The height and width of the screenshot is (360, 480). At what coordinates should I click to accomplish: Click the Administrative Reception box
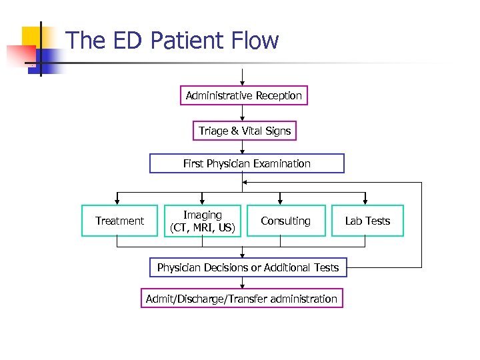pyautogui.click(x=243, y=95)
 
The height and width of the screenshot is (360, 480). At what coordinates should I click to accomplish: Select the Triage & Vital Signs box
pyautogui.click(x=245, y=131)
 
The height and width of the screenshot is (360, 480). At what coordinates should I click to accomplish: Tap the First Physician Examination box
pyautogui.click(x=247, y=163)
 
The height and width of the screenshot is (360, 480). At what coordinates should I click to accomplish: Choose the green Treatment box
pyautogui.click(x=119, y=221)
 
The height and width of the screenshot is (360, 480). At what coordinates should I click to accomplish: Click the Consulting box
pyautogui.click(x=285, y=221)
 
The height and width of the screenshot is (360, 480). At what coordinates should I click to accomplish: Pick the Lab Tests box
pyautogui.click(x=367, y=221)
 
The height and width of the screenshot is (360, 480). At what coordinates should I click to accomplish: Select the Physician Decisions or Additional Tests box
pyautogui.click(x=247, y=267)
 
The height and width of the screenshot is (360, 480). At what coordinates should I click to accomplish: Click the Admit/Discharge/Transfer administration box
pyautogui.click(x=241, y=299)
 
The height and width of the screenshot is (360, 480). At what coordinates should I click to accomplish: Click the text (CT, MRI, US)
pyautogui.click(x=203, y=228)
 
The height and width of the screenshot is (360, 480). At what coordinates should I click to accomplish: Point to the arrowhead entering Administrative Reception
pyautogui.click(x=243, y=83)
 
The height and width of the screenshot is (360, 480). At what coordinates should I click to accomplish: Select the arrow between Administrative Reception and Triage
pyautogui.click(x=243, y=113)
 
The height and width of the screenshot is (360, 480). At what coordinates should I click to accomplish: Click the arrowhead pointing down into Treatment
pyautogui.click(x=117, y=201)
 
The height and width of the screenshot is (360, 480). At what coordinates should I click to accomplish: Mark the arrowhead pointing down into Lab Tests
pyautogui.click(x=365, y=201)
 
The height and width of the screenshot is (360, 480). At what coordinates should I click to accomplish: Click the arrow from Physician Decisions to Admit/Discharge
pyautogui.click(x=243, y=283)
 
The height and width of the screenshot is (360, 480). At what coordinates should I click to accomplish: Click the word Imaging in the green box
pyautogui.click(x=203, y=215)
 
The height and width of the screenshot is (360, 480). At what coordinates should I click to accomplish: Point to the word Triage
pyautogui.click(x=213, y=131)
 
